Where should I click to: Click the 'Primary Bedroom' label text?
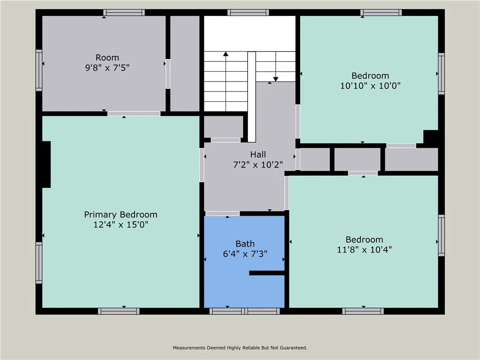[x=120, y=215]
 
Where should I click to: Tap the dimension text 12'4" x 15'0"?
[x=120, y=225]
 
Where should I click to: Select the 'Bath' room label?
[x=245, y=244]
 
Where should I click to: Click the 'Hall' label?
[x=258, y=155]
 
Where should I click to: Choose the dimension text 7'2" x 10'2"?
[x=258, y=165]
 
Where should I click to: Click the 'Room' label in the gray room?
[x=107, y=58]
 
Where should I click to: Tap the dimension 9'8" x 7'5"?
[x=107, y=67]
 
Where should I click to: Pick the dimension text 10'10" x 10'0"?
[x=370, y=86]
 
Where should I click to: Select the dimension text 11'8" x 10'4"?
[x=364, y=250]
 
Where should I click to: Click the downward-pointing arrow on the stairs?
[x=276, y=78]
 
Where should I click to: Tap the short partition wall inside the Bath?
[x=267, y=273]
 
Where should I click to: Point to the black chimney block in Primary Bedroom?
[x=46, y=165]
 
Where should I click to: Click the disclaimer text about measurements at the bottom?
[x=240, y=348]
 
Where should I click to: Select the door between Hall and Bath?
[x=223, y=214]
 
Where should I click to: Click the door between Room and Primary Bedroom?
[x=134, y=113]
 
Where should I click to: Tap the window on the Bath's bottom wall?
[x=244, y=311]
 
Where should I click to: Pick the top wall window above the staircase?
[x=248, y=13]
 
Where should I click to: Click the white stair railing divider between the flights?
[x=252, y=96]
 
